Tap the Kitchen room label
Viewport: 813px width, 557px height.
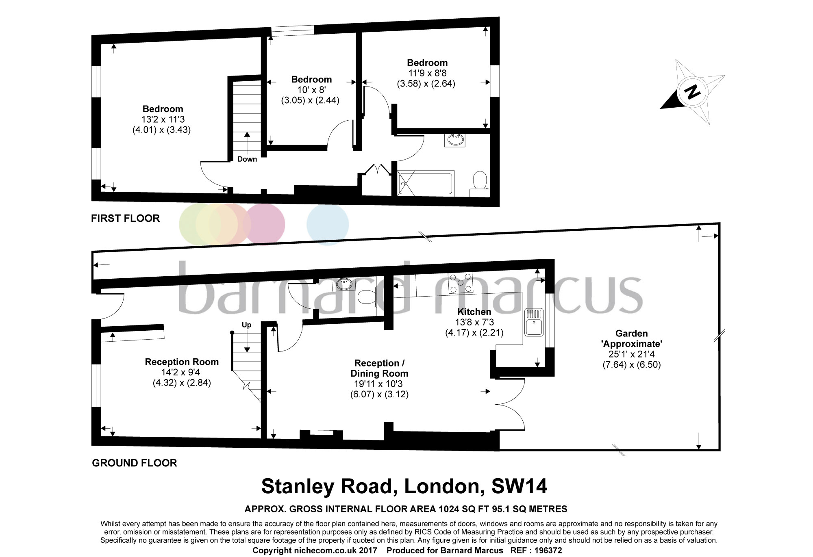coord(474,312)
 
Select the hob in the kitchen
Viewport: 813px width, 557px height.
coord(461,283)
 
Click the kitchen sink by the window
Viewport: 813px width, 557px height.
coord(534,322)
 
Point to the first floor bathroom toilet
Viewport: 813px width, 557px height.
coord(480,182)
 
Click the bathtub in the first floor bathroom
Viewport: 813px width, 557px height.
coord(426,183)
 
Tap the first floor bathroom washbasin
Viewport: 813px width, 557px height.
coord(455,140)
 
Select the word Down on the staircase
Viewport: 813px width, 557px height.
coord(247,159)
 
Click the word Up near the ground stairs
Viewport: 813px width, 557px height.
coord(246,325)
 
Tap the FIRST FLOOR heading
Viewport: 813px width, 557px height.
coord(125,218)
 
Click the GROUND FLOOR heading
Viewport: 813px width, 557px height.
coord(135,463)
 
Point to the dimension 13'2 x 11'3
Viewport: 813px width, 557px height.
coord(163,119)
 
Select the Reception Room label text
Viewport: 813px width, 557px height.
coord(182,362)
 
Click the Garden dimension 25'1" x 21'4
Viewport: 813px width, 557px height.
coord(631,354)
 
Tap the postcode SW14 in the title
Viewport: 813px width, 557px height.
coord(519,486)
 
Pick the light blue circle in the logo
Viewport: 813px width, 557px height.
coord(328,224)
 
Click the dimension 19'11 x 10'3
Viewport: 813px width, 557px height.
coord(378,384)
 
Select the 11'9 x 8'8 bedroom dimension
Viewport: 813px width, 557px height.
coord(427,73)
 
